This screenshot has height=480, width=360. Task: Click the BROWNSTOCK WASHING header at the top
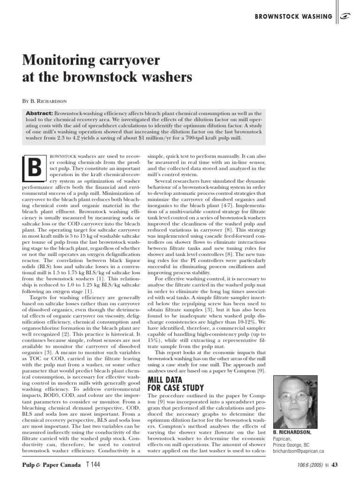pos(293,17)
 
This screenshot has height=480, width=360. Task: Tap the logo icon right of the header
pos(347,17)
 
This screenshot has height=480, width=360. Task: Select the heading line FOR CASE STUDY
pos(176,388)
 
